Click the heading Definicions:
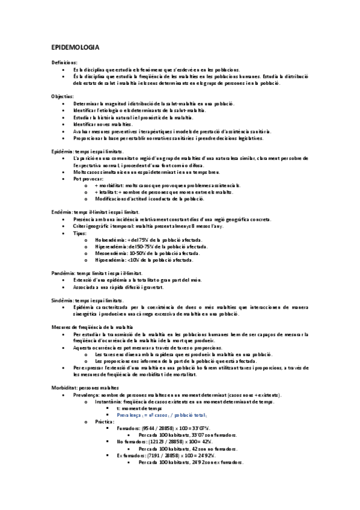(64, 62)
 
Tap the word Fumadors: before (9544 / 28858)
(128, 429)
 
